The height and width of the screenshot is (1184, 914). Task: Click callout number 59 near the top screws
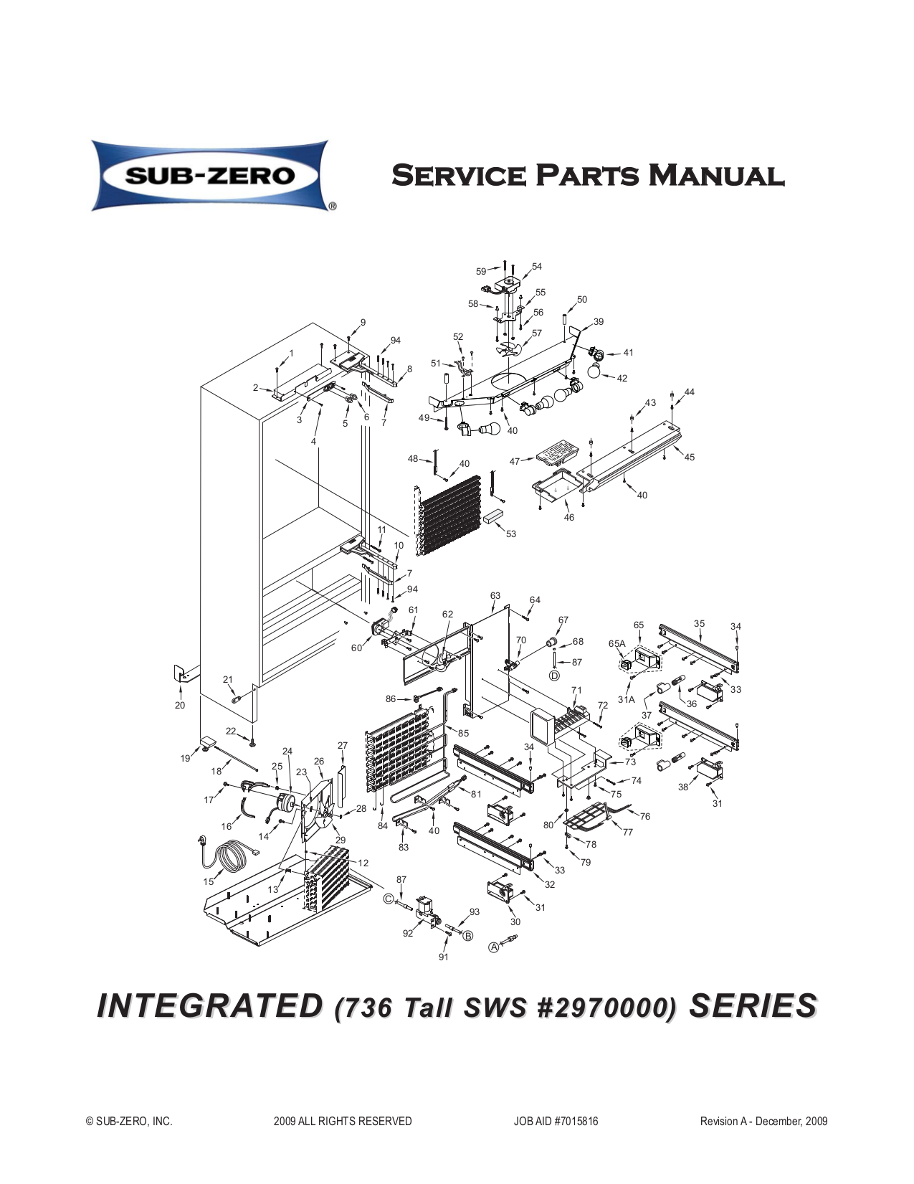[x=481, y=271]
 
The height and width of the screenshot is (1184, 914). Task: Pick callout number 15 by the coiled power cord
[x=208, y=881]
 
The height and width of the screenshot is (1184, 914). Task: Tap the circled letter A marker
[x=494, y=947]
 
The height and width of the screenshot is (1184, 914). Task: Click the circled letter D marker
[x=555, y=676]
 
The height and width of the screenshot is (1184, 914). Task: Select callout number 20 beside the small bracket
[x=180, y=705]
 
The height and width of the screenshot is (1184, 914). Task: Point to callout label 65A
[x=617, y=643]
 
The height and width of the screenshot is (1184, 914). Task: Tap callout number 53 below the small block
[x=510, y=534]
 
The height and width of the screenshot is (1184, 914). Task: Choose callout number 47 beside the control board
[x=515, y=462]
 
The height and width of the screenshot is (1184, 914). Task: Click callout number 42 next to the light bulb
[x=622, y=378]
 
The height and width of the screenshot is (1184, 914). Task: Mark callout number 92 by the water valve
[x=408, y=933]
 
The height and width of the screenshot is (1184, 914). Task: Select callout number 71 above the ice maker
[x=576, y=691]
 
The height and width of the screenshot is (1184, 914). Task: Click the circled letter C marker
[x=388, y=899]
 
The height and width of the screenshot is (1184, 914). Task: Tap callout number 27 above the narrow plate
[x=342, y=745]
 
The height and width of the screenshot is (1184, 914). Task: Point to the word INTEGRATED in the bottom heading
[x=210, y=1006]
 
